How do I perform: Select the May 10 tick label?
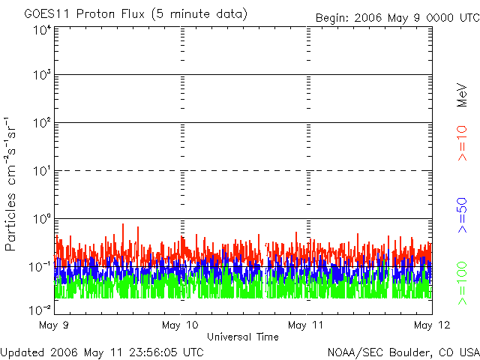pos(181,325)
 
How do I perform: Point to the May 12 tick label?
pos(428,325)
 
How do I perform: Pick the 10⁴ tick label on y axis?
pos(41,30)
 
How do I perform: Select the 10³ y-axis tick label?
pos(41,76)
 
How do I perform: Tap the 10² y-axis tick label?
pos(41,124)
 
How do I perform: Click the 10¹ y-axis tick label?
pos(41,172)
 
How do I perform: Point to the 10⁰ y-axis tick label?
pos(41,220)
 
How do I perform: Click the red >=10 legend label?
pos(463,143)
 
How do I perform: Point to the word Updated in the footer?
pos(22,352)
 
